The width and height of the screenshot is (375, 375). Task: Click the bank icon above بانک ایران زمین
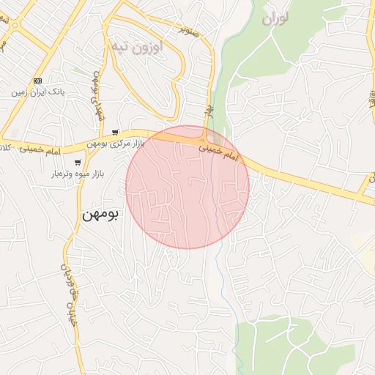[38, 81]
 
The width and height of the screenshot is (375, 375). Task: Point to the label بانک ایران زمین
[38, 93]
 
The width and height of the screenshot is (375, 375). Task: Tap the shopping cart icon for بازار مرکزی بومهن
[115, 133]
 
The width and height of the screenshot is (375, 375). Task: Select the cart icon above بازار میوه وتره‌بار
[78, 163]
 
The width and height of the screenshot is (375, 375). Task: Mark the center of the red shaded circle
[187, 187]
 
